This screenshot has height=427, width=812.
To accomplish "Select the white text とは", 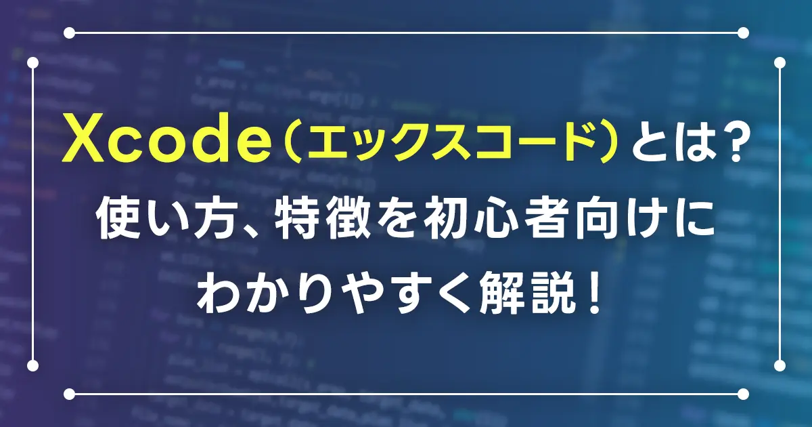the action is (670, 139).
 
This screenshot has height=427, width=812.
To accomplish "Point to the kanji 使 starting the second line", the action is (120, 220).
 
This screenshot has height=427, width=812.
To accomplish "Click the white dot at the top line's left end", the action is (69, 33).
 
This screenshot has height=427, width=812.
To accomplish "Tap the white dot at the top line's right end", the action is (743, 33).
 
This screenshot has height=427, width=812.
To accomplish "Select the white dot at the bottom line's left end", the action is (69, 394).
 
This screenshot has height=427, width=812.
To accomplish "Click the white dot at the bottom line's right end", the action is (743, 394).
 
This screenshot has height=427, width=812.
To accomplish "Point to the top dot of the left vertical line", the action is (32, 63).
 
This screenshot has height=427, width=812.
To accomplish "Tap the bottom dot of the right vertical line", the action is (780, 365).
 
